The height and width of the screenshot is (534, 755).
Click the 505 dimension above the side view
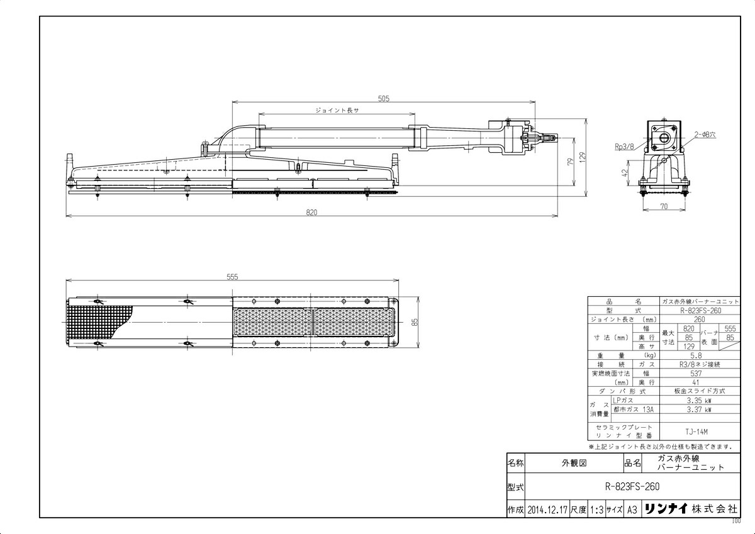(x=384, y=98)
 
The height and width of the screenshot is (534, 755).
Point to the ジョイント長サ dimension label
(x=337, y=110)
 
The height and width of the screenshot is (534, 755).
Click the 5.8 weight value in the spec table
(x=695, y=355)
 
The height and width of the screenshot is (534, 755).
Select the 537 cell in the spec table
(x=695, y=373)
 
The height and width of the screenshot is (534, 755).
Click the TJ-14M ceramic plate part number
(x=695, y=431)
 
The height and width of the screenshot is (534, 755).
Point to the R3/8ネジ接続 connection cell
(x=695, y=364)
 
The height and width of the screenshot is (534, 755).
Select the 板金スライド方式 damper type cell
(x=695, y=391)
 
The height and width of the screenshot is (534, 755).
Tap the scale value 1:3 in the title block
(x=596, y=509)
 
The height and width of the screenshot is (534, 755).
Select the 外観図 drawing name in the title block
(x=573, y=463)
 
